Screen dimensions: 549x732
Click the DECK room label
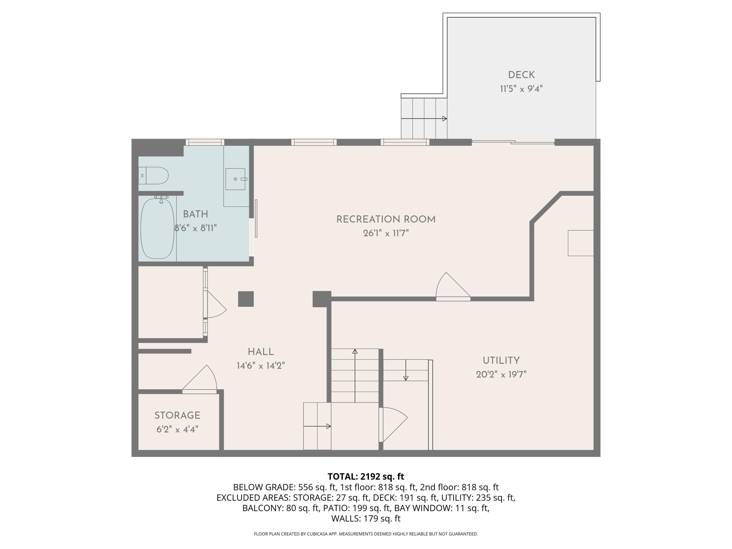click(x=521, y=75)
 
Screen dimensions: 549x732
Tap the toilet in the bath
click(x=155, y=175)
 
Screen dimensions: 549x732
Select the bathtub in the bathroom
click(x=157, y=228)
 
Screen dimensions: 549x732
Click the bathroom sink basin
click(x=235, y=179)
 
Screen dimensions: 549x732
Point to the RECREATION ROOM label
click(x=386, y=219)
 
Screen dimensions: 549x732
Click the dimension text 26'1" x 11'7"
click(x=386, y=233)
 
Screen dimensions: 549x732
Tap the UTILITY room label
click(x=501, y=360)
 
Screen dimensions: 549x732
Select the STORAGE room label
click(x=177, y=415)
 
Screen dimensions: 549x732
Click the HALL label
click(x=261, y=352)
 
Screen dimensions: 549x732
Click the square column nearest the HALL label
click(x=246, y=299)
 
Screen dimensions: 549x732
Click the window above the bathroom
click(x=205, y=142)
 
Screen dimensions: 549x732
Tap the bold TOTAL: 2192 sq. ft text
click(x=366, y=477)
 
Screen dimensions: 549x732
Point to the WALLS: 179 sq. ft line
click(x=366, y=518)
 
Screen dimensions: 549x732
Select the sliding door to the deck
click(x=513, y=142)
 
